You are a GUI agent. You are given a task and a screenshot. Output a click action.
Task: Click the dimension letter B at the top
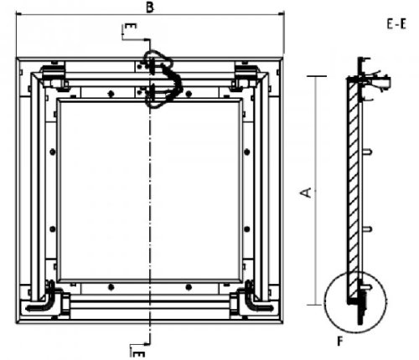pos(150,8)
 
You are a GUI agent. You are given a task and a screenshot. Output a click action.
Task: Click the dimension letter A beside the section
pos(306,193)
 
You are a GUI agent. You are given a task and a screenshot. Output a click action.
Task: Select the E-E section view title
pos(396,24)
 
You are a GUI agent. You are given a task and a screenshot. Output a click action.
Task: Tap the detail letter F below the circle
pos(339,341)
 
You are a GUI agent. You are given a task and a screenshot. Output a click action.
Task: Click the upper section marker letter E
pos(131,26)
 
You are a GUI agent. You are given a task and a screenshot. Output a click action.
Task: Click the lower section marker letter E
pos(139,354)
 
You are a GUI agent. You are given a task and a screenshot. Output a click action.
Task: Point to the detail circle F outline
pos(324,303)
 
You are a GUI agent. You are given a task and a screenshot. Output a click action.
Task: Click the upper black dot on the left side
pos(52,152)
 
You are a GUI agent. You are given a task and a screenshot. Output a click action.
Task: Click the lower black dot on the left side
pos(52,229)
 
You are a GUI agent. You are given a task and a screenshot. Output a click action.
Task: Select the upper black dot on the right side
pos(247,152)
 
